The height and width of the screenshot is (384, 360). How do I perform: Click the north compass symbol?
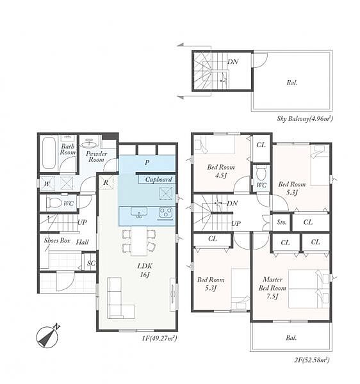pos(48,336)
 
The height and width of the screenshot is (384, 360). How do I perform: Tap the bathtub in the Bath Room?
pos(49,153)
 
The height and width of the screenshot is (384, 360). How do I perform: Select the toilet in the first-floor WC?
pos(54,203)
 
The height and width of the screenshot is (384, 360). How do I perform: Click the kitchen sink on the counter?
pos(139,212)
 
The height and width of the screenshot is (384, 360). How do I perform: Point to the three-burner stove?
pos(166,212)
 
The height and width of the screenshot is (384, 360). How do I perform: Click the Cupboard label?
pos(159,179)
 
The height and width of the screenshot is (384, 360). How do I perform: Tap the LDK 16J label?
pos(145,270)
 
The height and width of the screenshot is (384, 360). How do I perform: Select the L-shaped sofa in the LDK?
pos(120,298)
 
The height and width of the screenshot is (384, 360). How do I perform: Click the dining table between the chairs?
pos(139,241)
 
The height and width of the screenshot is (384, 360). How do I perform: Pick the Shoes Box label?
pos(57,241)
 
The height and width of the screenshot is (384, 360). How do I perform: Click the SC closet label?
pos(91,263)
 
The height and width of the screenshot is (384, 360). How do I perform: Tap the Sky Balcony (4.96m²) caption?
pos(305,119)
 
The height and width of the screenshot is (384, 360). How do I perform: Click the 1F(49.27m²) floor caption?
pos(160,339)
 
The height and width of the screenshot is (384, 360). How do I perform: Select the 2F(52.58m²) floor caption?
pos(311,360)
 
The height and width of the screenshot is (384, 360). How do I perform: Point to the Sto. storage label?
pos(282,222)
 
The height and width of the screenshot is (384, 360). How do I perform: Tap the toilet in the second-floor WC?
pos(261,173)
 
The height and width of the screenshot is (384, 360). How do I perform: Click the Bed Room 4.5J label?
pos(221,171)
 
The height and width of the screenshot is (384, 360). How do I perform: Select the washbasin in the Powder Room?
pos(89,144)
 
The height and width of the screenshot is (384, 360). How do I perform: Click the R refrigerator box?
pos(106,182)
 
